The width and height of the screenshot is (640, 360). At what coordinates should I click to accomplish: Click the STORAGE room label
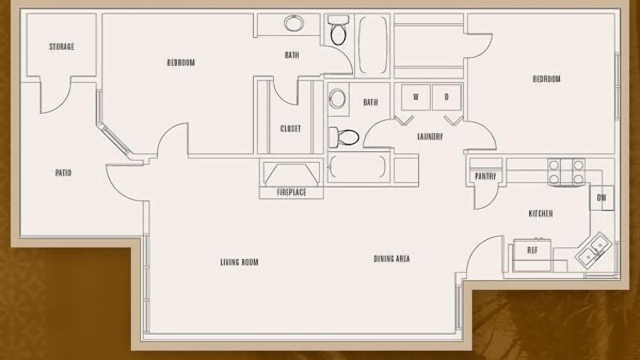coord(61,46)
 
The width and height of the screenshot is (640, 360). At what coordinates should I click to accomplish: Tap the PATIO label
coord(63,172)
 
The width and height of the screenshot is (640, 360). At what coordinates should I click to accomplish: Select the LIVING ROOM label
coord(239,262)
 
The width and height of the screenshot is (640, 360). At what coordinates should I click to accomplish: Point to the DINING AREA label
coord(391,258)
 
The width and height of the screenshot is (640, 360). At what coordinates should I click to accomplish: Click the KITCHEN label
coord(540,213)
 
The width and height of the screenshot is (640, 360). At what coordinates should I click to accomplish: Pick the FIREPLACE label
coord(291,192)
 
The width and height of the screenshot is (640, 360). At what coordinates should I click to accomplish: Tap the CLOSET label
coord(290,128)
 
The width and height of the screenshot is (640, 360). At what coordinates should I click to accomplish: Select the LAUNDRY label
coord(430,136)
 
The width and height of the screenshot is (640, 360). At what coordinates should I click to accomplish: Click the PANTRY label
coord(485,176)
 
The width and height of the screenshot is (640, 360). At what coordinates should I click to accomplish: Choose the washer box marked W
coord(415,97)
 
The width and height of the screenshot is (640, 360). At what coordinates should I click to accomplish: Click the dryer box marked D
coord(447,97)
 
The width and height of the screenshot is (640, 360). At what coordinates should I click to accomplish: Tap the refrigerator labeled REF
coord(532,255)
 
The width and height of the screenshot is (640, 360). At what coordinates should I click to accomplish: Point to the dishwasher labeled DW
coord(602,198)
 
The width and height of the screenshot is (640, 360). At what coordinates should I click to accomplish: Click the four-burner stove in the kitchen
coord(566,172)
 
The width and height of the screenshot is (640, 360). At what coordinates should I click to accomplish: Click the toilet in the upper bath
coord(338,30)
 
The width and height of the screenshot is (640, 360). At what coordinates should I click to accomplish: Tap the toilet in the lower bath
coord(344,137)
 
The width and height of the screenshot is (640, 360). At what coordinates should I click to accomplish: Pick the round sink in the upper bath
coord(294,23)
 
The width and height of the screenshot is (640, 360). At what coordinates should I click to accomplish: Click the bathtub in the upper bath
coord(372,45)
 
